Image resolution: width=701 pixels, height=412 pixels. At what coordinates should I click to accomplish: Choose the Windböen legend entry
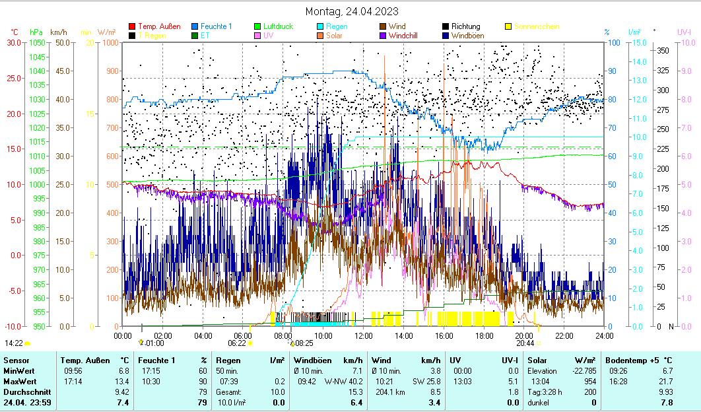click(470, 35)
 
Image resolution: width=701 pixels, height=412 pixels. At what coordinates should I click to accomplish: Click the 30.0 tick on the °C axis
click(15, 43)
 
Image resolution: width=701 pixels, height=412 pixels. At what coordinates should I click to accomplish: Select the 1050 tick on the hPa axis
click(38, 43)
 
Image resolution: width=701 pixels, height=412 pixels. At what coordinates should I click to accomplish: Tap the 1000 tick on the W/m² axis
click(111, 43)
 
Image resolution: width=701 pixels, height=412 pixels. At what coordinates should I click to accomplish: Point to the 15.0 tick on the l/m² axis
click(637, 43)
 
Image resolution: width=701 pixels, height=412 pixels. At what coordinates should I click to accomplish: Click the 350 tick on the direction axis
click(663, 50)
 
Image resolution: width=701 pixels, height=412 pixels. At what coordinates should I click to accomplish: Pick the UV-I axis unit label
click(684, 32)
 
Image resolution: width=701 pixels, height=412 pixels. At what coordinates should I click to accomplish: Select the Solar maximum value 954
click(590, 382)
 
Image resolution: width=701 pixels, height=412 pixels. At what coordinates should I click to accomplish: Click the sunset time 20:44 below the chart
click(525, 343)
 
